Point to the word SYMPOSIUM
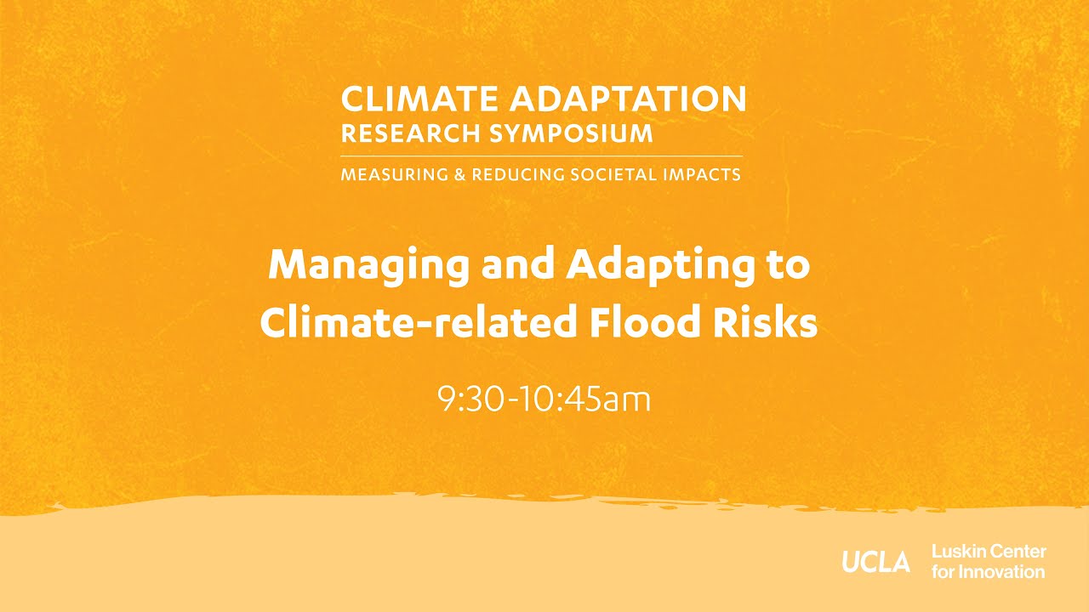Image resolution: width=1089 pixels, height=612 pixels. tap(572, 133)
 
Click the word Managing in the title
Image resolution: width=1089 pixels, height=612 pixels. tap(368, 267)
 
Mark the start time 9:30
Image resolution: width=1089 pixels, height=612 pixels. tap(466, 399)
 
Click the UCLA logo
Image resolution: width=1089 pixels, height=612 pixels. tap(876, 562)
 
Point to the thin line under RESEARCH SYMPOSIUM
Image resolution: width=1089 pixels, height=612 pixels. tap(541, 156)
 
